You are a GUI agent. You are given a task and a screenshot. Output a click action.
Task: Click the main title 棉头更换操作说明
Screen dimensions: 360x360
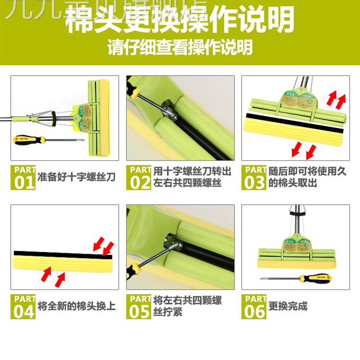(x=180, y=20)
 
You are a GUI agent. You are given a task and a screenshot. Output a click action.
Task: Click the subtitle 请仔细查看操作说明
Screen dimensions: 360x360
(x=180, y=47)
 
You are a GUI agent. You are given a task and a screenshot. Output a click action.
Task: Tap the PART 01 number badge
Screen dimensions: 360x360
(x=23, y=177)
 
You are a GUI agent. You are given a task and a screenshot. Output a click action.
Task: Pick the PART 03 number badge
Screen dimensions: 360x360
(x=254, y=177)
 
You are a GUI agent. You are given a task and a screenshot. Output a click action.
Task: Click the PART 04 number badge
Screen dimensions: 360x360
(x=23, y=306)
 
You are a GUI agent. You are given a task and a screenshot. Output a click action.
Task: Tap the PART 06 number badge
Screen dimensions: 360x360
(x=254, y=306)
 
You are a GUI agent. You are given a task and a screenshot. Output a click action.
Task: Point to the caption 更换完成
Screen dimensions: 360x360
(x=288, y=306)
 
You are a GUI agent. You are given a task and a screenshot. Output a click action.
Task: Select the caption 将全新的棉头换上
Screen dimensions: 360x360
(x=76, y=306)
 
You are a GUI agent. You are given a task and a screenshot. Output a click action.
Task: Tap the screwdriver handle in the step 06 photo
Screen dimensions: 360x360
(x=315, y=278)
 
